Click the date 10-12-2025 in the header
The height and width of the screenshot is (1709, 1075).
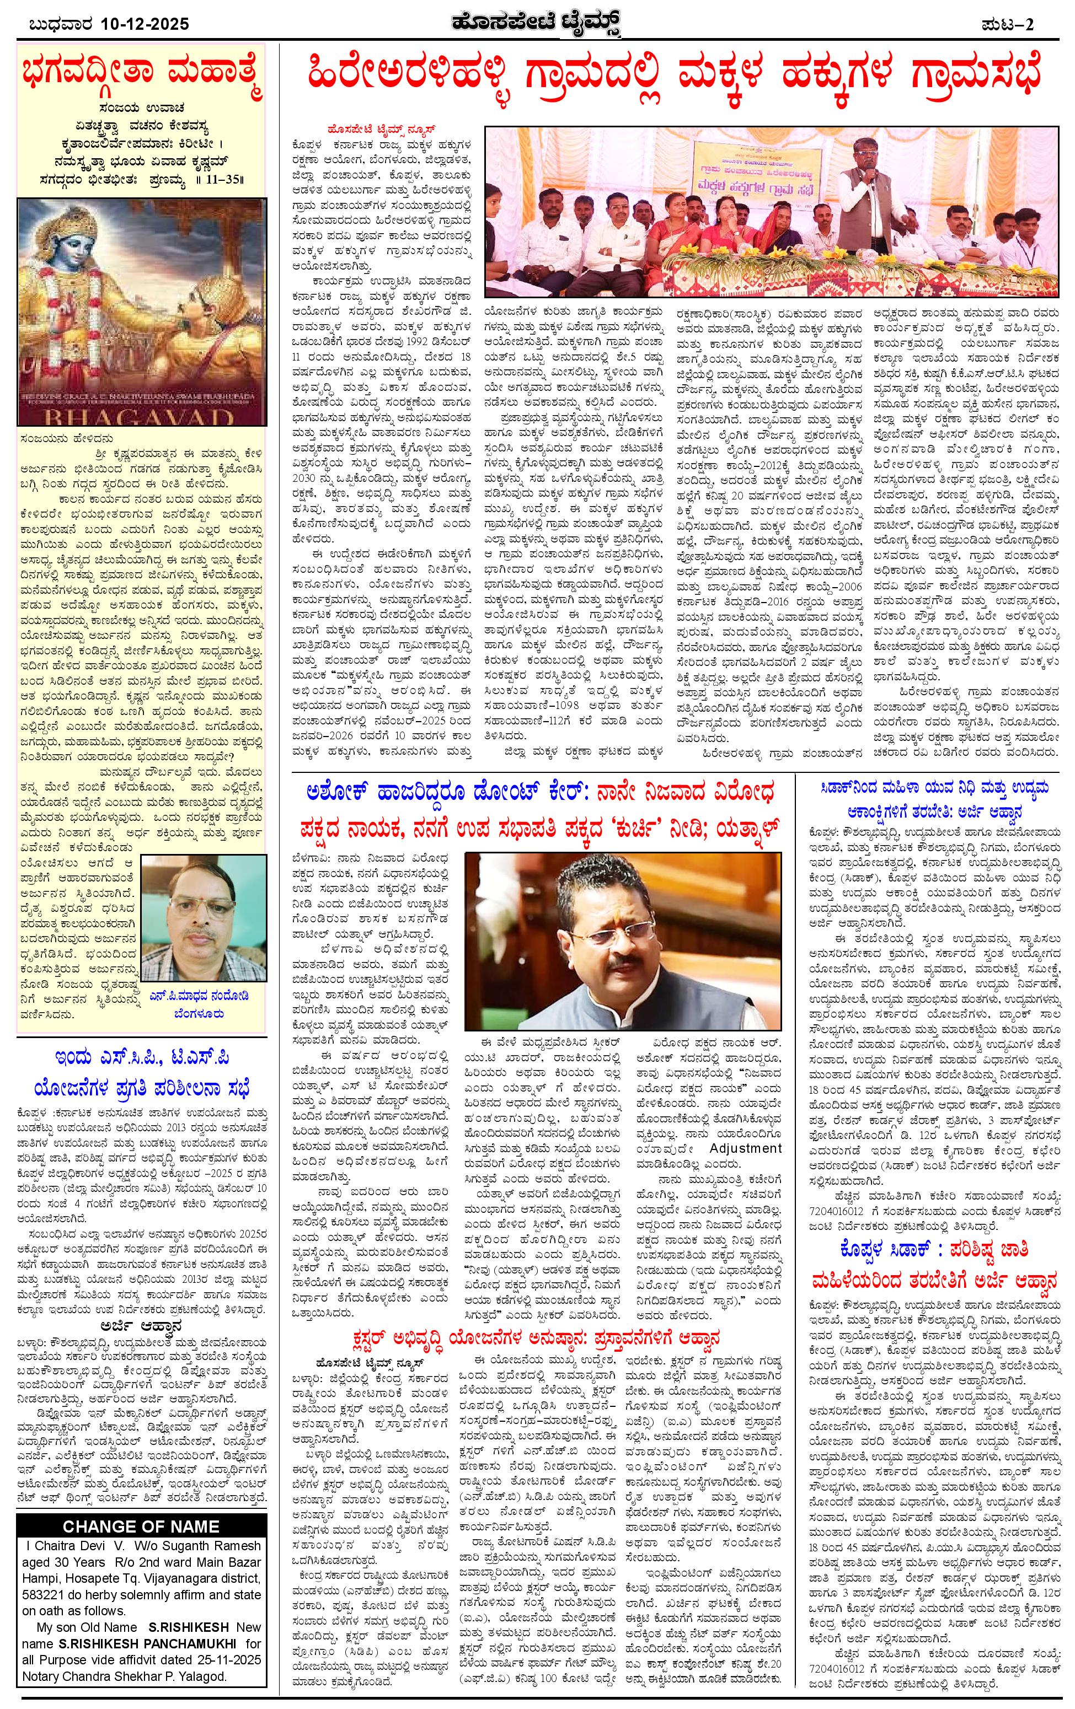(x=145, y=24)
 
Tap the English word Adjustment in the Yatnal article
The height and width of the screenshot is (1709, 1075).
(x=746, y=1148)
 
